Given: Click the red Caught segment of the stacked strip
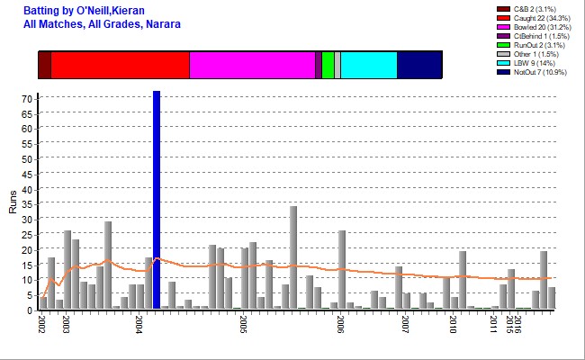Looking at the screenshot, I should coord(120,65).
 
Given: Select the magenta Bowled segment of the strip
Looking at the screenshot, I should coord(252,65).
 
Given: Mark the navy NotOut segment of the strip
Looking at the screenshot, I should coord(419,65).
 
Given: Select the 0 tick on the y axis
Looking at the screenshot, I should coord(31,310).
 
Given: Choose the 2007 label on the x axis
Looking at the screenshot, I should coord(406,324).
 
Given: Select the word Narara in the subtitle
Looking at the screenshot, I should coord(162,23).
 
